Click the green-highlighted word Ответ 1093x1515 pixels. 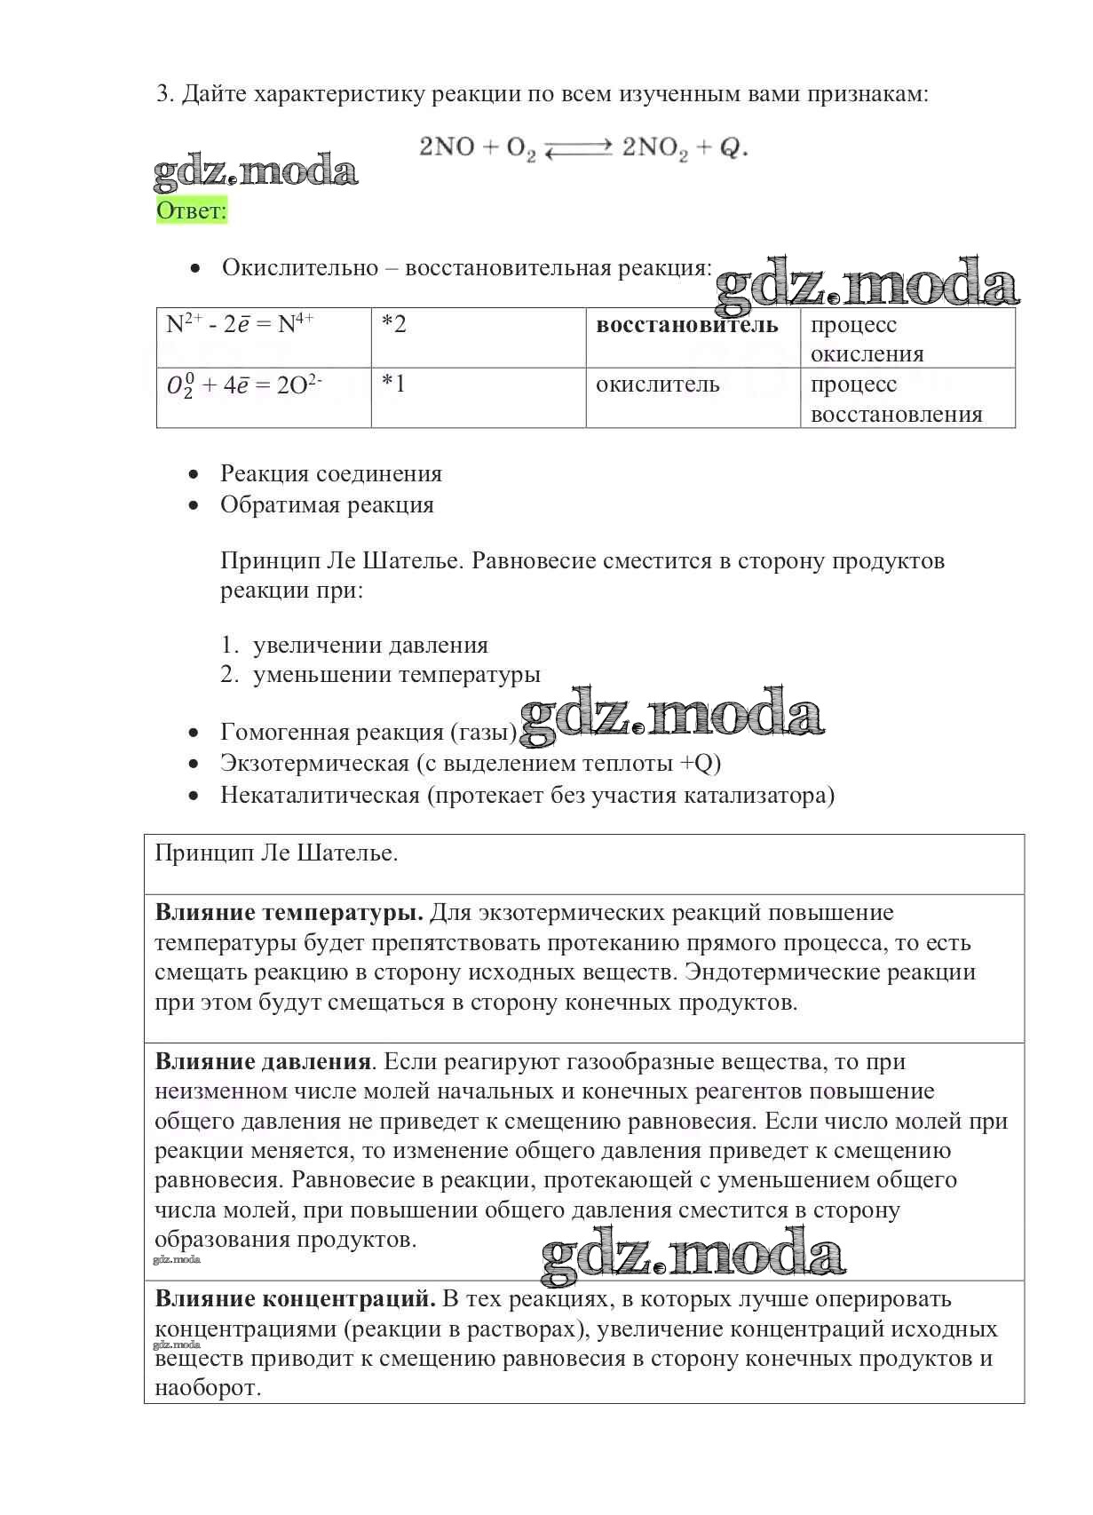coord(191,211)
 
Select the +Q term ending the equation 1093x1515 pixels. coord(724,148)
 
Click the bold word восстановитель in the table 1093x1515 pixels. coord(686,325)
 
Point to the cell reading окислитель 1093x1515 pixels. coord(657,385)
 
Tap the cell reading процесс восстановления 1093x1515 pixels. coord(896,400)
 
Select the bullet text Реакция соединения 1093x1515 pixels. coord(330,473)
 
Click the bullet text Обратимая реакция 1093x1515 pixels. coord(327,504)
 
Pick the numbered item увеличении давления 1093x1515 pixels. coord(370,645)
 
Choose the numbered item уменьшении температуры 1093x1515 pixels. coord(396,674)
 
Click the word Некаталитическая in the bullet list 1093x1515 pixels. coord(320,795)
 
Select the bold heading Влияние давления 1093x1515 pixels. coord(262,1061)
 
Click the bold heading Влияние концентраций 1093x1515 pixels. coord(295,1298)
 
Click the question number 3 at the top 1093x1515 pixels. coord(163,94)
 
